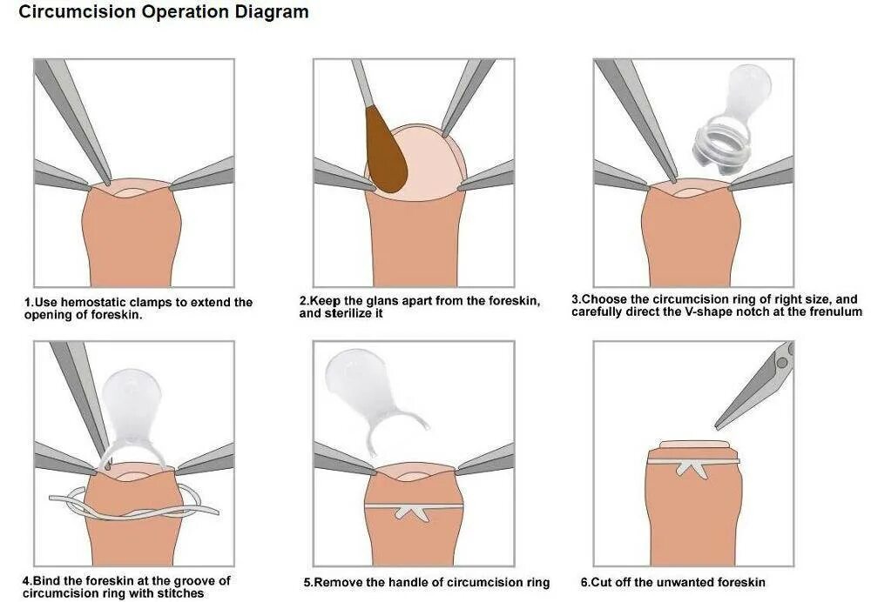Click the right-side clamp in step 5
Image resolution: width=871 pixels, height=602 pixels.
(485, 458)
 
